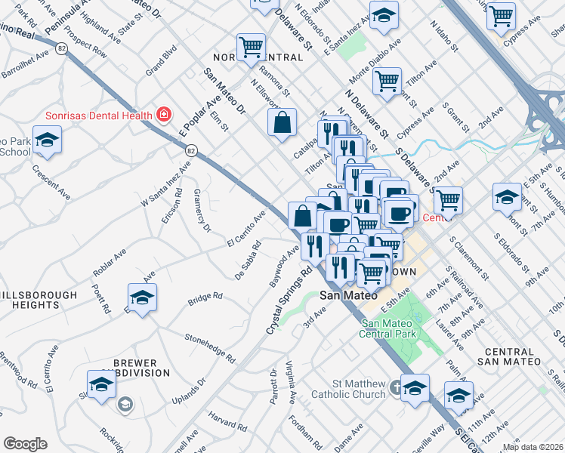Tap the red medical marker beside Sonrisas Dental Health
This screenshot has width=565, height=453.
point(163,116)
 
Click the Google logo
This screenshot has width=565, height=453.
point(25,444)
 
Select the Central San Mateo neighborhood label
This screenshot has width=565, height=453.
point(509,357)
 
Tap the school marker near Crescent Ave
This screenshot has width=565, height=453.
point(48,141)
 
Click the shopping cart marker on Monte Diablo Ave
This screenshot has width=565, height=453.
point(387,82)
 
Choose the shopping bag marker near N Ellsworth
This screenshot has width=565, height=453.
point(282,122)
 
